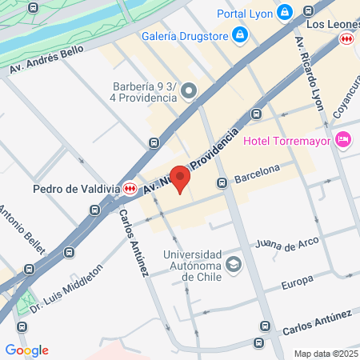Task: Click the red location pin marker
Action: (182, 179)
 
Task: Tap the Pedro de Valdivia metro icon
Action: (130, 189)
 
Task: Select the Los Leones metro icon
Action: (346, 38)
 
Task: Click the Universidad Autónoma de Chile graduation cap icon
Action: (233, 264)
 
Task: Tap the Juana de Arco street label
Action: (286, 242)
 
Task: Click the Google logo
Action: (27, 350)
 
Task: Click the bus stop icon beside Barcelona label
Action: (222, 183)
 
